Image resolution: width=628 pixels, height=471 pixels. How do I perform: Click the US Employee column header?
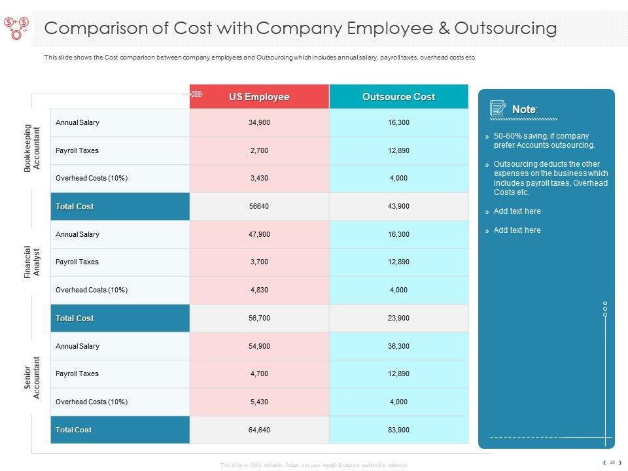(x=259, y=97)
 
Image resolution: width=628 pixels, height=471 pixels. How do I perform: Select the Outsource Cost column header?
(x=398, y=97)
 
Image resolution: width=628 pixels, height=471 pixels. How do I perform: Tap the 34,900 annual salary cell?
(x=259, y=122)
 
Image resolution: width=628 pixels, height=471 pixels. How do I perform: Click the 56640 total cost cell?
(x=259, y=206)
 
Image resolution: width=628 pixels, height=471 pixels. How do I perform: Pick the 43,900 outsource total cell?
(x=398, y=206)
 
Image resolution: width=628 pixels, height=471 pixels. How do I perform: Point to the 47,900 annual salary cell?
(x=259, y=234)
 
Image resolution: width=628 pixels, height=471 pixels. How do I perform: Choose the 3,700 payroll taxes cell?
(x=259, y=262)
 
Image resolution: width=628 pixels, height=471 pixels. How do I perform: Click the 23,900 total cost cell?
(x=398, y=318)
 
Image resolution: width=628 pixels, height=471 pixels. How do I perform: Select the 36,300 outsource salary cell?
(x=398, y=346)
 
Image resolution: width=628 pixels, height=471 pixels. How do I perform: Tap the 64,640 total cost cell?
(x=259, y=430)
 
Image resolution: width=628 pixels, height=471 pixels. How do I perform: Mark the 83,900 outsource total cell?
(x=398, y=430)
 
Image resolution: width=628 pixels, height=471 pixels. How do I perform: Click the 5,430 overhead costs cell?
(x=259, y=402)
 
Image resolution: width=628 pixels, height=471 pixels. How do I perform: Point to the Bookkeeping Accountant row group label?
(x=32, y=148)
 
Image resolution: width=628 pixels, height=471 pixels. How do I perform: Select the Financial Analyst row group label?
(x=32, y=262)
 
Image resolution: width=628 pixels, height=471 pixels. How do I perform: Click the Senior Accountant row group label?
(x=32, y=377)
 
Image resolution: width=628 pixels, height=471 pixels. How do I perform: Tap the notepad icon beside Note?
(x=498, y=109)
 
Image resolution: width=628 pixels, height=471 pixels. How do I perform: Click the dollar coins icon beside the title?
(x=16, y=27)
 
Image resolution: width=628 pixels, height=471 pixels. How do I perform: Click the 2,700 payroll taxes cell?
(x=259, y=150)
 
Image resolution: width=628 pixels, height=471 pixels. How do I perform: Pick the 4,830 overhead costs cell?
(x=259, y=290)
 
